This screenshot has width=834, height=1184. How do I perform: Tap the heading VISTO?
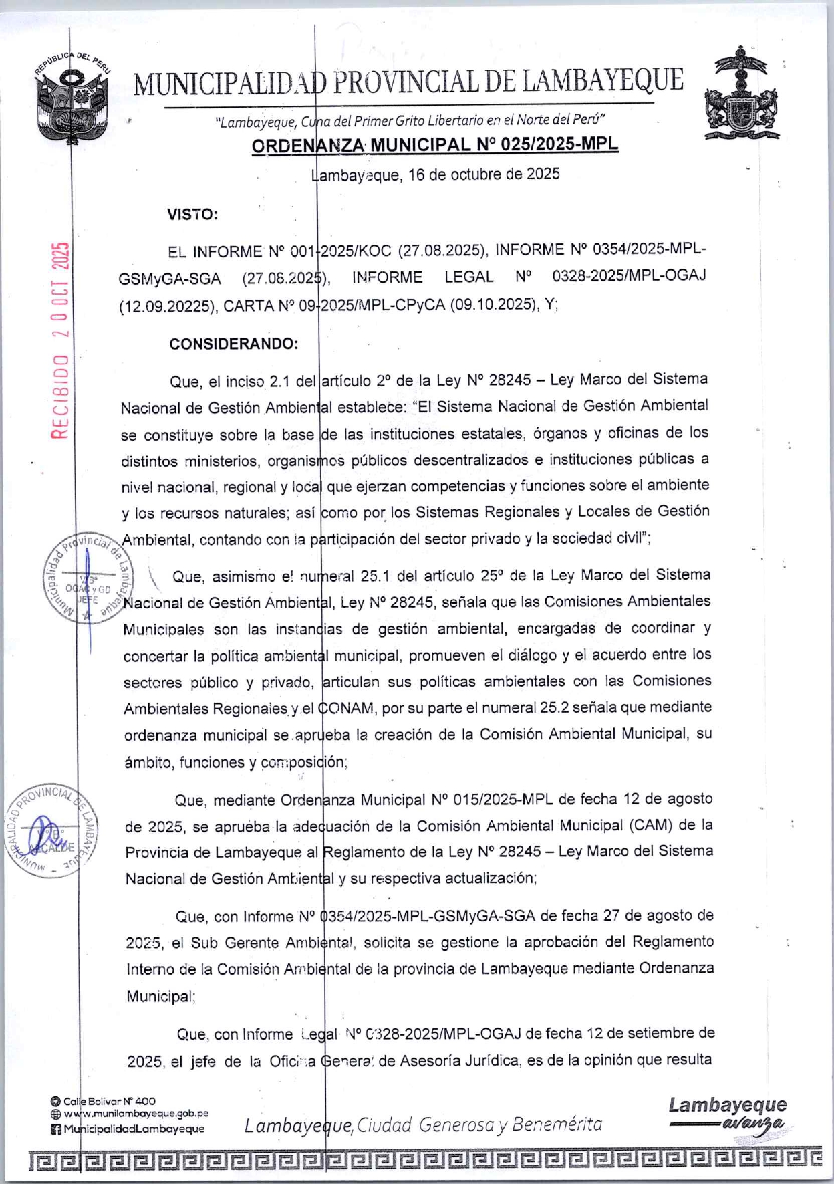[x=192, y=215]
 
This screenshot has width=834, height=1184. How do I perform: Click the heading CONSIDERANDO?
[x=233, y=344]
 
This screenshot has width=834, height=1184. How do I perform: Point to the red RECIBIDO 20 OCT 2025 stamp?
[x=61, y=341]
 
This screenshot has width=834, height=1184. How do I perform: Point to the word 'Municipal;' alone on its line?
[x=161, y=996]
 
